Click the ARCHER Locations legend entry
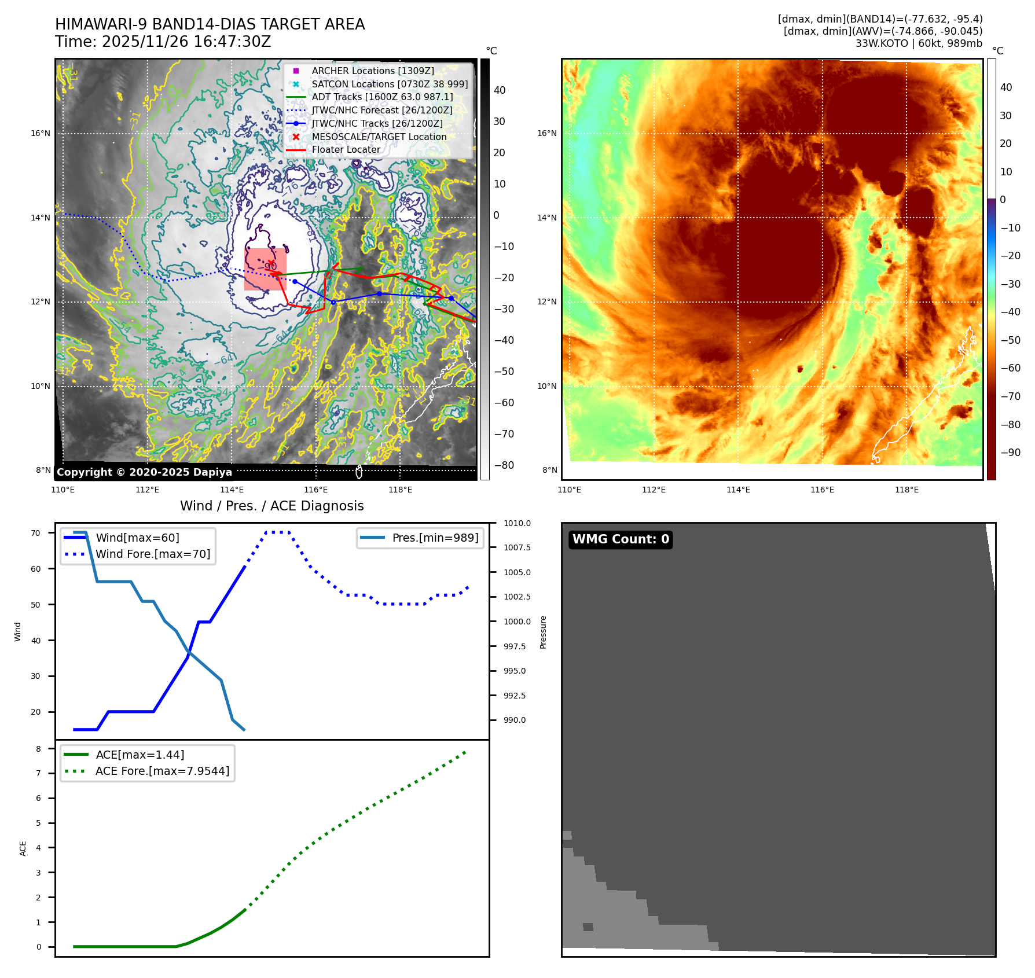372,71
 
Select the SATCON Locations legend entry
389,84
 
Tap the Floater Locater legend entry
346,149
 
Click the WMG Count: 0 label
621,539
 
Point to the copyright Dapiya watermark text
144,472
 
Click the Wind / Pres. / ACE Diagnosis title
271,506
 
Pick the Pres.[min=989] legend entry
435,538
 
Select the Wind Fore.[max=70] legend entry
153,554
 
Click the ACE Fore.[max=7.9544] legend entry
162,771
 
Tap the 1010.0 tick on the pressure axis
517,523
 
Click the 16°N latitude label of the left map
41,134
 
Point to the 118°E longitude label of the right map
906,490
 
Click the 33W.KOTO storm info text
919,43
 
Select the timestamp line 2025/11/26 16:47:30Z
163,42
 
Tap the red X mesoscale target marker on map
271,264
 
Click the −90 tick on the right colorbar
1011,453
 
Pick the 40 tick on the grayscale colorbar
500,90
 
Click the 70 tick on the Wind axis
36,533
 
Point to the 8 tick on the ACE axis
39,749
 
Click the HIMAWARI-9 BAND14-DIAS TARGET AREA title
210,24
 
